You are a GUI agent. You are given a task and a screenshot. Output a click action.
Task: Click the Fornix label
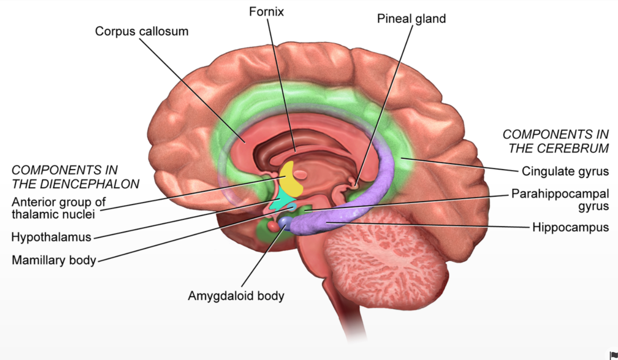click(266, 11)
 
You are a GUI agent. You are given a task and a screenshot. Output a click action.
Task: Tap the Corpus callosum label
click(142, 32)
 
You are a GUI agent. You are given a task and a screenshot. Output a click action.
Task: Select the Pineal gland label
click(411, 19)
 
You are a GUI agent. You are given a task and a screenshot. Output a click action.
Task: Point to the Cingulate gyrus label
click(565, 171)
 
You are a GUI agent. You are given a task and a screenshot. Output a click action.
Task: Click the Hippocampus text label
click(570, 227)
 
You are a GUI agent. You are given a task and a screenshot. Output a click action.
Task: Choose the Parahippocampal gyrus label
click(560, 200)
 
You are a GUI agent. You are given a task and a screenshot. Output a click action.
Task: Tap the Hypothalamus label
click(51, 237)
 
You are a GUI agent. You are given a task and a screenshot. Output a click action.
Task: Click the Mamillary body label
click(54, 260)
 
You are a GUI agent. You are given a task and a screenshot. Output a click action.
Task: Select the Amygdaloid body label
click(236, 296)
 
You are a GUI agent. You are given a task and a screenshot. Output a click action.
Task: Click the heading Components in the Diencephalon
click(76, 177)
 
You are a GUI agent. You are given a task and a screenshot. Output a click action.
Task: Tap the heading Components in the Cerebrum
click(555, 141)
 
